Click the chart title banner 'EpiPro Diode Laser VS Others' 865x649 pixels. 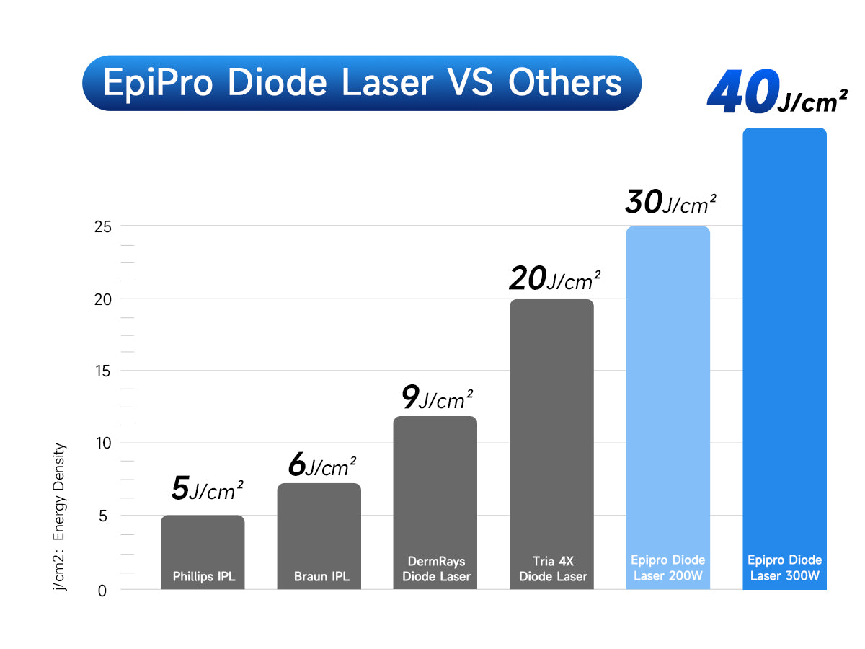(x=362, y=83)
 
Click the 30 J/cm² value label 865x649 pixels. (x=670, y=203)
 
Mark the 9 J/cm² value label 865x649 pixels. (x=437, y=397)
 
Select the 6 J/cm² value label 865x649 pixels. (x=322, y=466)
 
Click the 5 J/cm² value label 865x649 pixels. (x=208, y=490)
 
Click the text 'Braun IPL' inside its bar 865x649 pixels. (x=321, y=577)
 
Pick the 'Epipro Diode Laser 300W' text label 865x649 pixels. (x=784, y=568)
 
